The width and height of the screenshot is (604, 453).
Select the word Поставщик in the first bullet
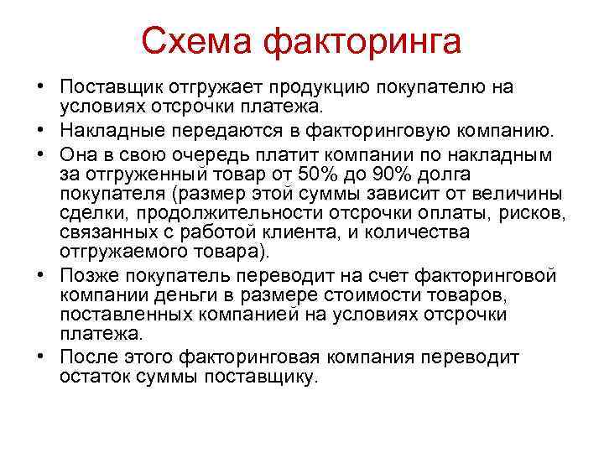point(106,88)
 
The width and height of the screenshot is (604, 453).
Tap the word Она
point(78,154)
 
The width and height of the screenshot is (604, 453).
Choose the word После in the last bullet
point(87,358)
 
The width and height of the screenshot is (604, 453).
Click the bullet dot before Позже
point(40,276)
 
